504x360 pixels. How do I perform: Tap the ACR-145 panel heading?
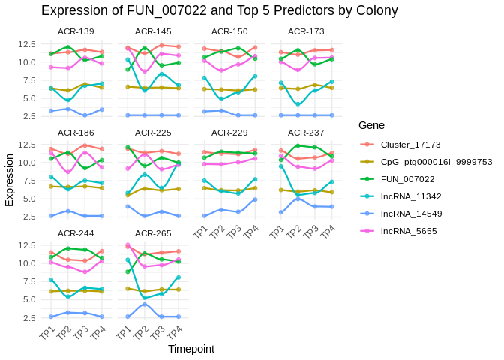click(x=153, y=31)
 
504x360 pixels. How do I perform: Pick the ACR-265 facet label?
click(x=153, y=232)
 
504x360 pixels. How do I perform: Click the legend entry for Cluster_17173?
click(x=410, y=145)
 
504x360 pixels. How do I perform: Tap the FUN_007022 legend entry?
click(x=407, y=179)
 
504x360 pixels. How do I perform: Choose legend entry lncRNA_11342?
click(x=407, y=196)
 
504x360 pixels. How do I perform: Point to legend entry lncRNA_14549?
click(x=407, y=214)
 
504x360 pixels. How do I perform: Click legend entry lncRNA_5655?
click(x=405, y=231)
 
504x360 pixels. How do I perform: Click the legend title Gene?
click(x=372, y=124)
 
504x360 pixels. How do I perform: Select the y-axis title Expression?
click(x=10, y=180)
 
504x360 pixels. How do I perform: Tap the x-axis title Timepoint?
click(x=191, y=349)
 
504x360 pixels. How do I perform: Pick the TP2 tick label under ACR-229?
click(x=217, y=232)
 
